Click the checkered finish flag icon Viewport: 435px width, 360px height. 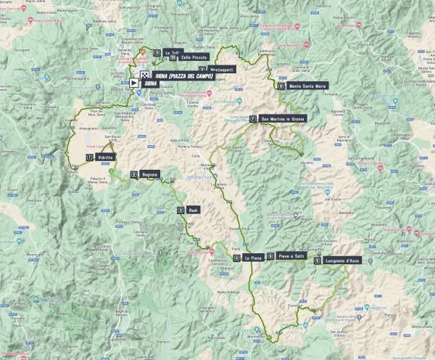pos(144,75)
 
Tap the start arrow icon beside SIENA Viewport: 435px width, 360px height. pos(135,83)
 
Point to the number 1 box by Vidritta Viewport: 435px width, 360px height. pos(89,157)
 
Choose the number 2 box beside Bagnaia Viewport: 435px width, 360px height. pos(134,174)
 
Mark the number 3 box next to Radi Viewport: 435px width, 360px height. pos(180,210)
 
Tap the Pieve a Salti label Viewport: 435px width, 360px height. pos(289,255)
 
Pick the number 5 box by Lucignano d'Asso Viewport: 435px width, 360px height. pos(318,261)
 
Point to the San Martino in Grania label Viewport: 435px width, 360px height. pos(287,119)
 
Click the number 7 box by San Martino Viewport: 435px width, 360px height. pos(252,119)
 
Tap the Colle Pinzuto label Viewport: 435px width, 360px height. pos(194,57)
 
